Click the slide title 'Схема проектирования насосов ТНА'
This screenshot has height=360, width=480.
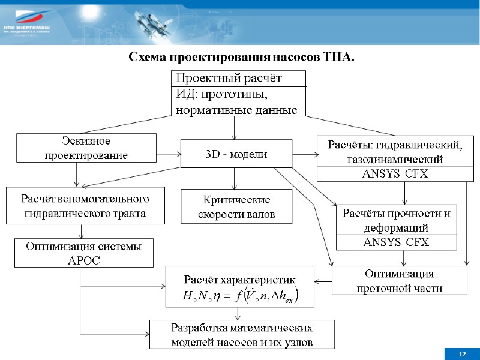point(242,58)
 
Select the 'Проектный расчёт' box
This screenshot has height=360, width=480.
point(239,79)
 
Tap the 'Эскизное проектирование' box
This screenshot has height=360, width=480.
point(86,148)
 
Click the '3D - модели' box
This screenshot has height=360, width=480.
point(236,154)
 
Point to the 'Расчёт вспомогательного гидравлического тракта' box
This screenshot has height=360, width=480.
point(85,206)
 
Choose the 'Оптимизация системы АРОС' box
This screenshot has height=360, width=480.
point(83,253)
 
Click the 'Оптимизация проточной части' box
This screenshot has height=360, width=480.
point(399,281)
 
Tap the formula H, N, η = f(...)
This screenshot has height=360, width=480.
point(240,295)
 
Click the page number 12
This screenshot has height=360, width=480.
point(463,355)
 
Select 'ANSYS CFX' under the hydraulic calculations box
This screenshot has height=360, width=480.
point(392,174)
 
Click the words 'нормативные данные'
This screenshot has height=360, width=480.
point(235,110)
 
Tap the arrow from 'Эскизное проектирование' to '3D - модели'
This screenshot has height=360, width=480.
point(169,154)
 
